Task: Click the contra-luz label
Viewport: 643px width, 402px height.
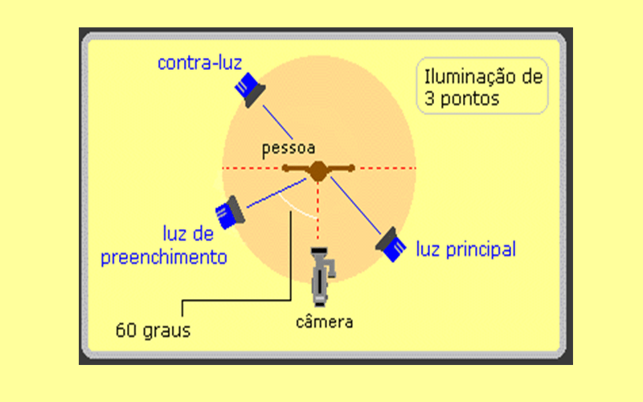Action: click(199, 64)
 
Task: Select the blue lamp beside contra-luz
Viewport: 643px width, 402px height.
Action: click(250, 90)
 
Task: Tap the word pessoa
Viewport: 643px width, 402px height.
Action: click(289, 149)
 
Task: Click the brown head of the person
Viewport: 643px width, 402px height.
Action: click(317, 170)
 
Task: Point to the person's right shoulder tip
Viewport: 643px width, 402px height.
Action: click(351, 167)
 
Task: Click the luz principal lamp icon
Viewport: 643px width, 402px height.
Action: click(391, 244)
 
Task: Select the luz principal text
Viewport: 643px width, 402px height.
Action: click(466, 249)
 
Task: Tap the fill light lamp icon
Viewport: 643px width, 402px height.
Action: click(230, 212)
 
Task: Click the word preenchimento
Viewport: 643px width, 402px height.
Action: click(164, 257)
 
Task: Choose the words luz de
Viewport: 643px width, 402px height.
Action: click(188, 233)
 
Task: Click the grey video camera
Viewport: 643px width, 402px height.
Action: click(322, 277)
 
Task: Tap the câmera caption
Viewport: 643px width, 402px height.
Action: click(325, 322)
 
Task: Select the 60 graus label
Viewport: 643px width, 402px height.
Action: click(153, 330)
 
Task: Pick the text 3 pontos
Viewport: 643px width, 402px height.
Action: click(461, 99)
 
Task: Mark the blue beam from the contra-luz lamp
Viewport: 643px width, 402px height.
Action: click(277, 122)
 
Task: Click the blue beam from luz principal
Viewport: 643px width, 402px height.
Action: click(355, 206)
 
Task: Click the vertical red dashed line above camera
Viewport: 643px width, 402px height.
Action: click(317, 211)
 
